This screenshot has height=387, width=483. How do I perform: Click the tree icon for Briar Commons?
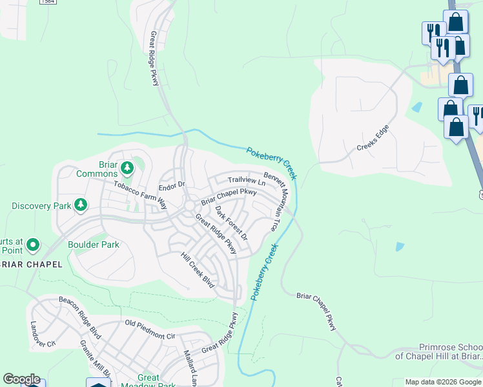[x=127, y=168]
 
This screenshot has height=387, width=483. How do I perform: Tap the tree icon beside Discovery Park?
[x=81, y=205]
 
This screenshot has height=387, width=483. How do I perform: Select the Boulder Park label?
[x=94, y=245]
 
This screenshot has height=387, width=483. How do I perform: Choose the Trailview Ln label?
[x=245, y=182]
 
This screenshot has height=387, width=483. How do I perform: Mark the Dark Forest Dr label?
[x=232, y=223]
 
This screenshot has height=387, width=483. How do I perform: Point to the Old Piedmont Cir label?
[x=150, y=330]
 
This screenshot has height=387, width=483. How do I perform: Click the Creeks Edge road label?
[x=375, y=139]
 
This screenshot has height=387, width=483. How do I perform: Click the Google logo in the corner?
[x=21, y=379]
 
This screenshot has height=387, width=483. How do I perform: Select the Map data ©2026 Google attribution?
[x=443, y=382]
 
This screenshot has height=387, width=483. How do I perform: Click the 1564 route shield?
[x=47, y=2]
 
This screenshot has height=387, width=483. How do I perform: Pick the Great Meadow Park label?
[x=149, y=382]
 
